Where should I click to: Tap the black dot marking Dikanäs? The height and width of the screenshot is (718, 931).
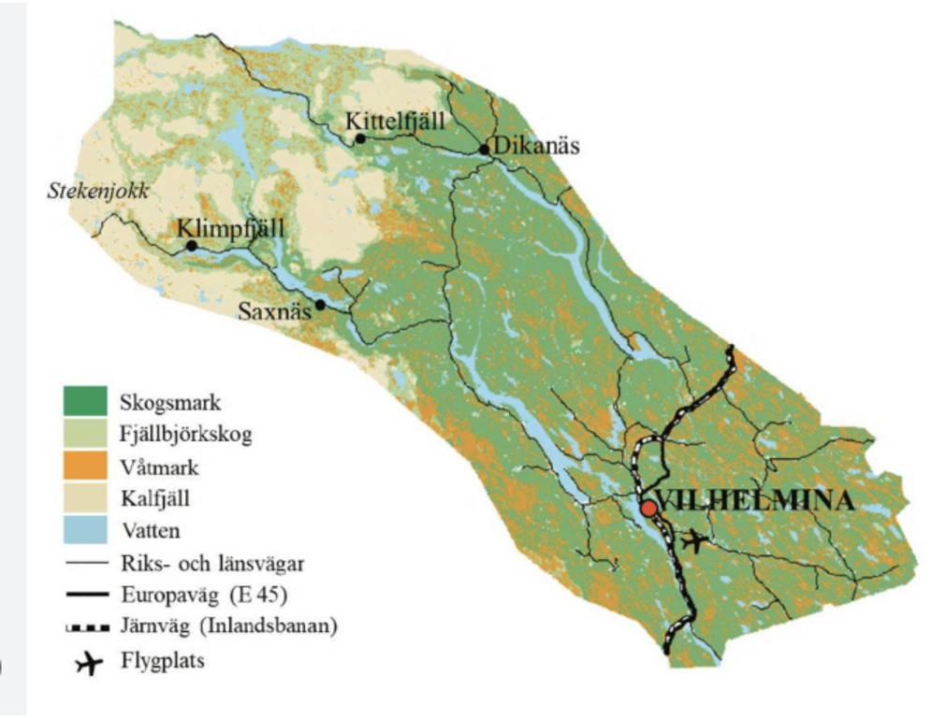(484, 149)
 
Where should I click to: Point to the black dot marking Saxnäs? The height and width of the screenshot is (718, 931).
(320, 305)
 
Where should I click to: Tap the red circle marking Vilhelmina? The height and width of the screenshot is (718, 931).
(647, 508)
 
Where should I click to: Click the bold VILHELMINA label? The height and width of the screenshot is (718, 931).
(755, 500)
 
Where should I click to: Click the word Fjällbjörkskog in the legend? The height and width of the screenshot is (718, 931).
(186, 435)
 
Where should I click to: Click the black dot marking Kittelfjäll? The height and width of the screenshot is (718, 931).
(359, 139)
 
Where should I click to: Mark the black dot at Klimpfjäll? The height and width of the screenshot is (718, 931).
(191, 246)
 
